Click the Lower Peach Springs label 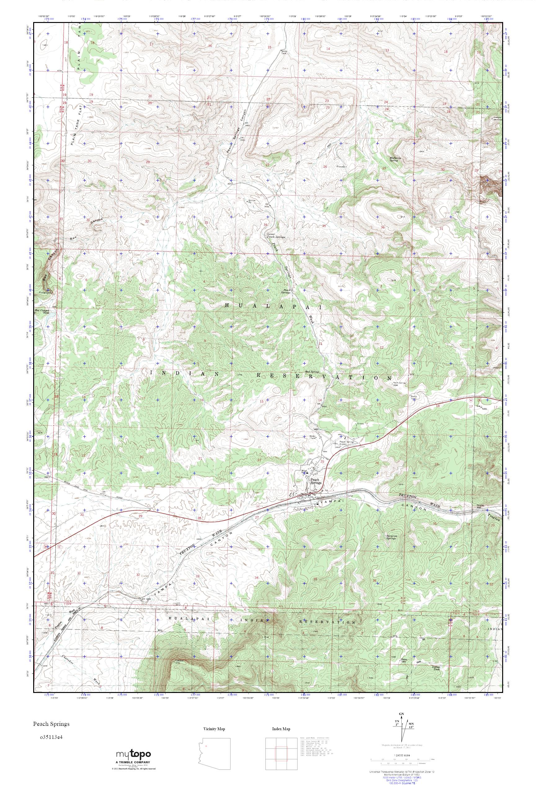[x=275, y=236]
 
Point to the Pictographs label [x=44, y=293]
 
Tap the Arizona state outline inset [x=210, y=748]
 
